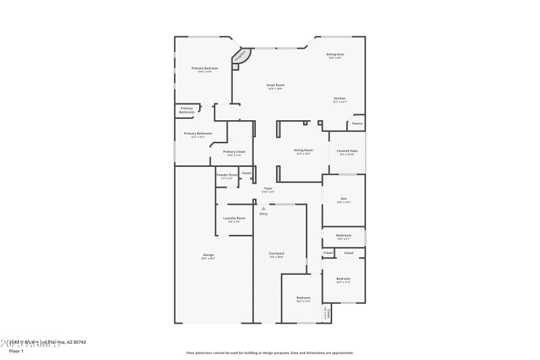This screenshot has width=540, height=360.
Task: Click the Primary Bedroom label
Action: [205, 68]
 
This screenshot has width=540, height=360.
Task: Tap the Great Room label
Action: [275, 85]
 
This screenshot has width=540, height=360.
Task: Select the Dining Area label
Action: [335, 54]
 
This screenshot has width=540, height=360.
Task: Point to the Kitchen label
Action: [340, 99]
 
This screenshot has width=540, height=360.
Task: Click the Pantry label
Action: [357, 124]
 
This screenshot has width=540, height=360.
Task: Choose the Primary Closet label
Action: [234, 151]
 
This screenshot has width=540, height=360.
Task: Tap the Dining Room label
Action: [303, 150]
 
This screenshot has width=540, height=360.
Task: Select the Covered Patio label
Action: [346, 151]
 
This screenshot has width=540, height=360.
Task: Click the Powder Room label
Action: [227, 175]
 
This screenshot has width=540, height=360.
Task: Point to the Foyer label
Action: [268, 188]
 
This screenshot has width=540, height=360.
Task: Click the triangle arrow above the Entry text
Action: [263, 209]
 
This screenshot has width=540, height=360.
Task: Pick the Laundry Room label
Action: [234, 218]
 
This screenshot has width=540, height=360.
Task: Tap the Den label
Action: [344, 199]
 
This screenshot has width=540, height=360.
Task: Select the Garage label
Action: [209, 255]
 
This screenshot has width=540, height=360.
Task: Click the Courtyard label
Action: [276, 253]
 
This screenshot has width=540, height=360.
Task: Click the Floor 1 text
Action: [16, 351]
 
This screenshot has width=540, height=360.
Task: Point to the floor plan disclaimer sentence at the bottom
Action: [269, 353]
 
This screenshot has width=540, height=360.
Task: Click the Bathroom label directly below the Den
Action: [344, 236]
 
